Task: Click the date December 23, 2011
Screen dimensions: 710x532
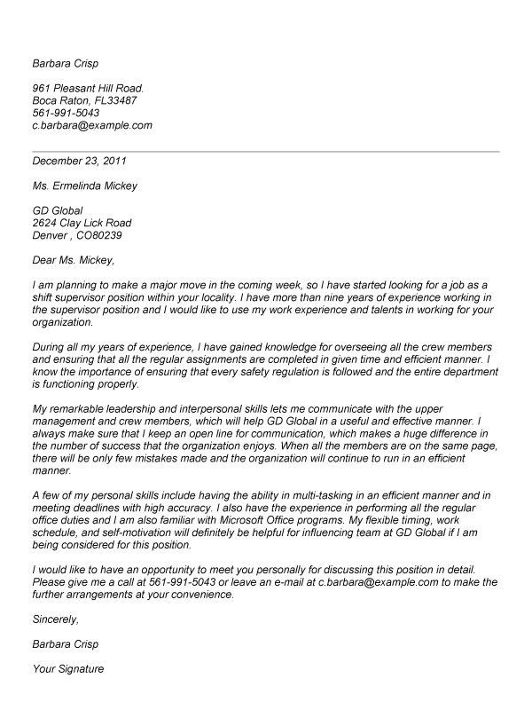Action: [x=79, y=162]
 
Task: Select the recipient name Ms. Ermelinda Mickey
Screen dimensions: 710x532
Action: [x=84, y=186]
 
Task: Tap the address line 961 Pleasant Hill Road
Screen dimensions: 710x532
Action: [x=88, y=89]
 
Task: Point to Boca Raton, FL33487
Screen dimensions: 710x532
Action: [x=82, y=101]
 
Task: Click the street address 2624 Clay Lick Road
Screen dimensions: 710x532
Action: [x=81, y=223]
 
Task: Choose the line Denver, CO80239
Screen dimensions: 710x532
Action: [x=76, y=235]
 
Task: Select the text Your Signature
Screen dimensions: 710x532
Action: [x=67, y=668]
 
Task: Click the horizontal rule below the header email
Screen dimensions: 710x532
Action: [x=266, y=152]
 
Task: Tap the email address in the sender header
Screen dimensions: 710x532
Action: [x=91, y=126]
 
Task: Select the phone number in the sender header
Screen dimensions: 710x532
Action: [x=65, y=114]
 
